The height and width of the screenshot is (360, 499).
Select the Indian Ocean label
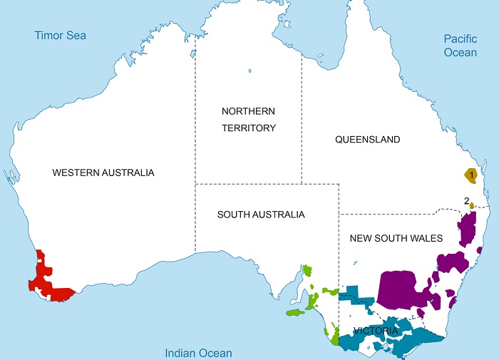(x=198, y=352)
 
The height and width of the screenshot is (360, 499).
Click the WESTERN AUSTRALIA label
(x=103, y=173)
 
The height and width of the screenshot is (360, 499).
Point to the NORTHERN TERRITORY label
(x=248, y=119)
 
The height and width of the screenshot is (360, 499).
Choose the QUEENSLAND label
(x=367, y=140)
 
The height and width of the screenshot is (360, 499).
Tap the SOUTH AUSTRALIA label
(x=261, y=215)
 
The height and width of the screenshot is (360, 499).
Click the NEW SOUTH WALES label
(x=396, y=238)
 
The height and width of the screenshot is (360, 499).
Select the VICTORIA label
(x=376, y=331)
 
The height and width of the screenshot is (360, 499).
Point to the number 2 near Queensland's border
(x=466, y=200)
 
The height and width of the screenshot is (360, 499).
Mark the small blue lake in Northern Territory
(x=250, y=70)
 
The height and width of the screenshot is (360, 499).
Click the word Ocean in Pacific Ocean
(x=460, y=52)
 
